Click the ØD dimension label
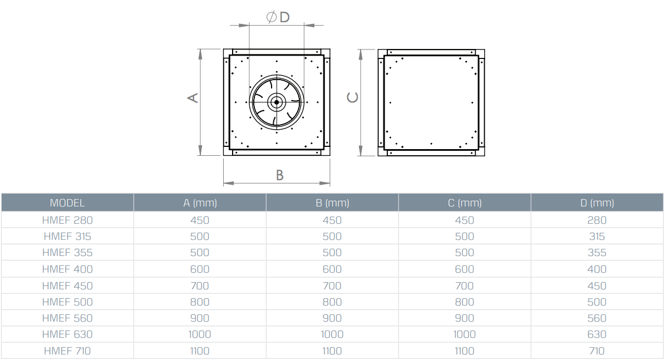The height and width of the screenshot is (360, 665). [278, 17]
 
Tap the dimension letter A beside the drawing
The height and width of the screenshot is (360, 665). [193, 98]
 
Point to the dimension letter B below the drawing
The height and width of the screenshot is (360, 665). [279, 175]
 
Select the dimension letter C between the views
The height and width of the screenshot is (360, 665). [353, 97]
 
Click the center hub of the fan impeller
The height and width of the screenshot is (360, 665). [277, 102]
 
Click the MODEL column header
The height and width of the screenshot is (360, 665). [67, 203]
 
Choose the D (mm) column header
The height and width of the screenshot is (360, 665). [597, 203]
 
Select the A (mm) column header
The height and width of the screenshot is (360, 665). [200, 203]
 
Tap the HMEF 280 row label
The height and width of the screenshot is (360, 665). [67, 220]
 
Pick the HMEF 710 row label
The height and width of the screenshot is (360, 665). [67, 351]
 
